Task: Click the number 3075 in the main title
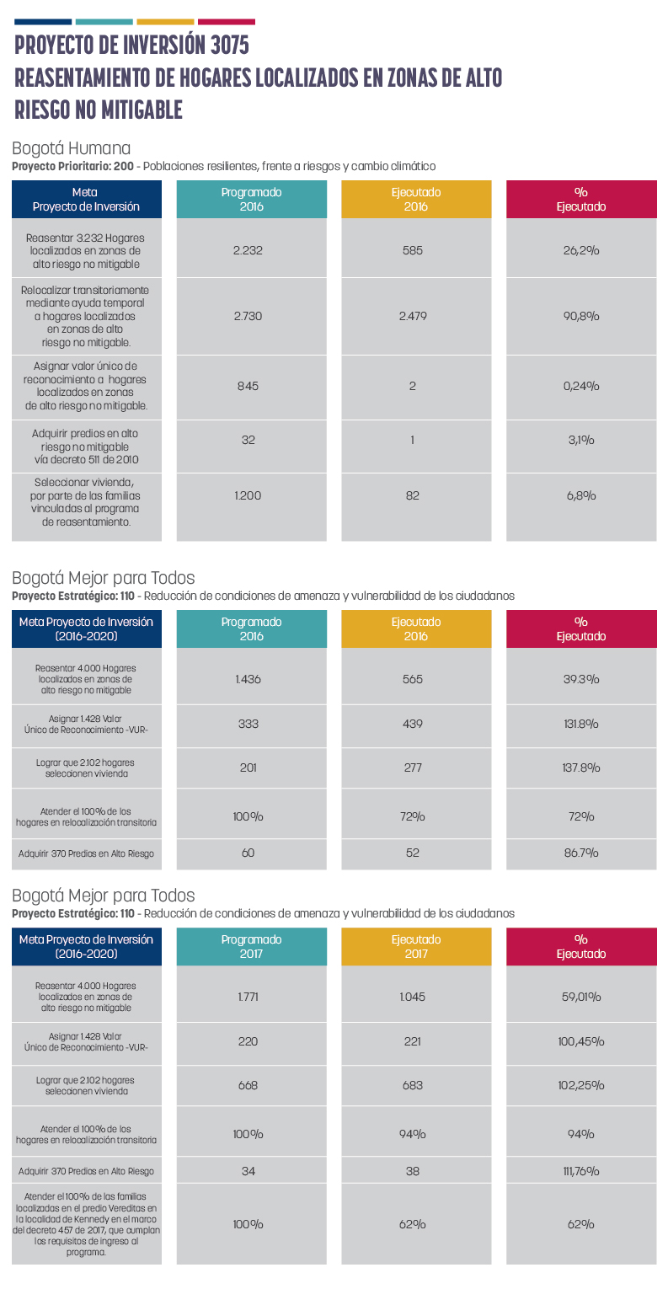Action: (x=230, y=45)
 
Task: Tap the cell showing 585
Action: (x=412, y=250)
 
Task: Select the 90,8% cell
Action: (x=581, y=316)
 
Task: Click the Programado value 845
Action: (x=248, y=386)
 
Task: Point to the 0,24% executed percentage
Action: (x=581, y=386)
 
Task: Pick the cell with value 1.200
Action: (x=248, y=495)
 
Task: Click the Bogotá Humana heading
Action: (x=71, y=148)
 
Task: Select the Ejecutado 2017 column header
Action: (x=416, y=947)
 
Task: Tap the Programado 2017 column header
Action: (x=252, y=947)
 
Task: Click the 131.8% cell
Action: (x=581, y=725)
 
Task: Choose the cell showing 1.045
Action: (x=412, y=997)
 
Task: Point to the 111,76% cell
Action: (x=581, y=1171)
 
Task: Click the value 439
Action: (x=412, y=725)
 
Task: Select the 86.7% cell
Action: (x=581, y=853)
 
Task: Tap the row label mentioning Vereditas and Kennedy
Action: (x=86, y=1224)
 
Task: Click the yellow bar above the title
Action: (x=165, y=22)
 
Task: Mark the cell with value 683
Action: (x=412, y=1085)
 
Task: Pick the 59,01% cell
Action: (x=581, y=997)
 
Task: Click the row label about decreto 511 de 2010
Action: (x=86, y=447)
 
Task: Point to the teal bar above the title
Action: (x=104, y=22)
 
